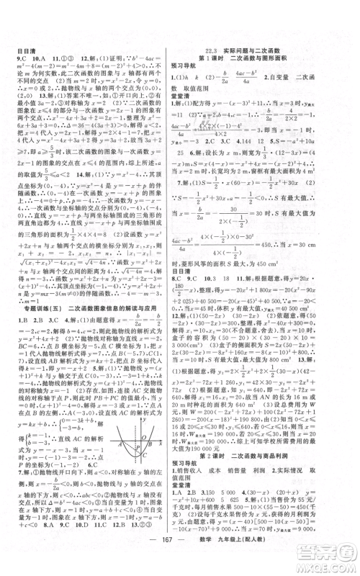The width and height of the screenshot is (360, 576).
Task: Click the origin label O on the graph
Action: coord(154,435)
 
